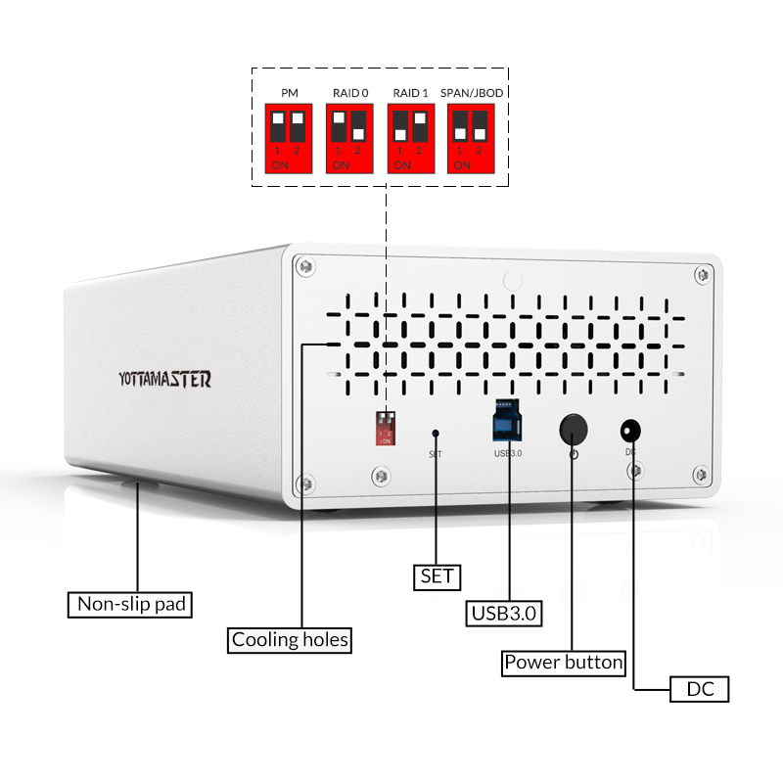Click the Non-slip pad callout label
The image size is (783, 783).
click(x=130, y=604)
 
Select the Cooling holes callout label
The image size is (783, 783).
click(x=290, y=640)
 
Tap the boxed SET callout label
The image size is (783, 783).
click(x=437, y=576)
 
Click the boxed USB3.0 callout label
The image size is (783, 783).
click(x=505, y=614)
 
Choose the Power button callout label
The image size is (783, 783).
click(x=564, y=663)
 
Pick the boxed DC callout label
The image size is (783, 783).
click(x=700, y=689)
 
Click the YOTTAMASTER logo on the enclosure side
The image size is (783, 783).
click(x=163, y=380)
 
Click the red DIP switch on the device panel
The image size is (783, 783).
click(x=387, y=427)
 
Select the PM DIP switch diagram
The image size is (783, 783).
click(x=289, y=138)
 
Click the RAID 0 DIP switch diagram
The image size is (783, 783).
click(x=349, y=138)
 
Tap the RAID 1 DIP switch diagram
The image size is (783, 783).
click(x=410, y=138)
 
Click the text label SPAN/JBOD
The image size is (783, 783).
click(x=472, y=93)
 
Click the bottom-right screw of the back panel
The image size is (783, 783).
click(x=699, y=475)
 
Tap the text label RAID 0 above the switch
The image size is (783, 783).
click(x=349, y=93)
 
